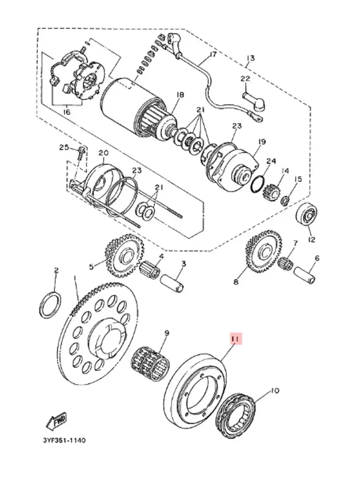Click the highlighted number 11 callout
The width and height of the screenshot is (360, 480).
[x=236, y=345]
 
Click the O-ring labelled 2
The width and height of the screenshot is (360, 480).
[x=50, y=305]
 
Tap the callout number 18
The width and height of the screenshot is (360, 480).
[x=180, y=95]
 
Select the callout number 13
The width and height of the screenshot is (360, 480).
[x=251, y=58]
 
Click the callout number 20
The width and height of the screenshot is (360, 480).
[x=104, y=153]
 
